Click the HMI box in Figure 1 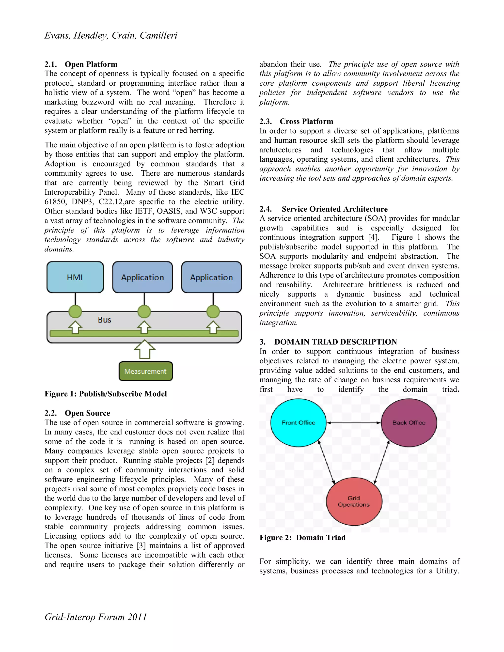(x=75, y=277)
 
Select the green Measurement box (x=145, y=371)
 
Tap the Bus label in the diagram (x=104, y=320)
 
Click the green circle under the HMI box (x=75, y=311)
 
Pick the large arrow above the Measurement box (x=144, y=349)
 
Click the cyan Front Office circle (x=298, y=422)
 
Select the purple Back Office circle (x=409, y=422)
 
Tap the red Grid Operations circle (x=354, y=501)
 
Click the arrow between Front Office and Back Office (x=354, y=423)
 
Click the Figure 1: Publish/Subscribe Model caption (x=106, y=394)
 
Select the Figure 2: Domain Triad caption (x=302, y=538)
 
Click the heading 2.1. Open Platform (x=81, y=64)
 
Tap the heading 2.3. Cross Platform (x=296, y=121)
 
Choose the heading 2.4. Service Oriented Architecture (x=323, y=209)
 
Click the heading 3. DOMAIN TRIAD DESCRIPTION (x=328, y=342)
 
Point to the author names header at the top (x=111, y=35)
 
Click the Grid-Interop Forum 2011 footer (x=95, y=617)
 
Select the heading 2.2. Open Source (x=77, y=413)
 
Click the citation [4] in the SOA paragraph (x=373, y=237)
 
